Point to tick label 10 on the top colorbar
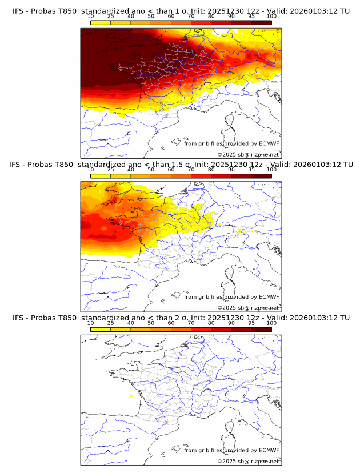click(91, 17)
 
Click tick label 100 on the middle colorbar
click(271, 170)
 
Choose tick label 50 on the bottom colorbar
click(151, 323)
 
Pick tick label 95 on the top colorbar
click(251, 17)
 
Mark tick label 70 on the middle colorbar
click(191, 170)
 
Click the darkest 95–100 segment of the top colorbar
click(262, 23)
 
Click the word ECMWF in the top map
click(269, 144)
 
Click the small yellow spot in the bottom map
click(132, 396)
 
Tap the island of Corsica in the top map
click(230, 121)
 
